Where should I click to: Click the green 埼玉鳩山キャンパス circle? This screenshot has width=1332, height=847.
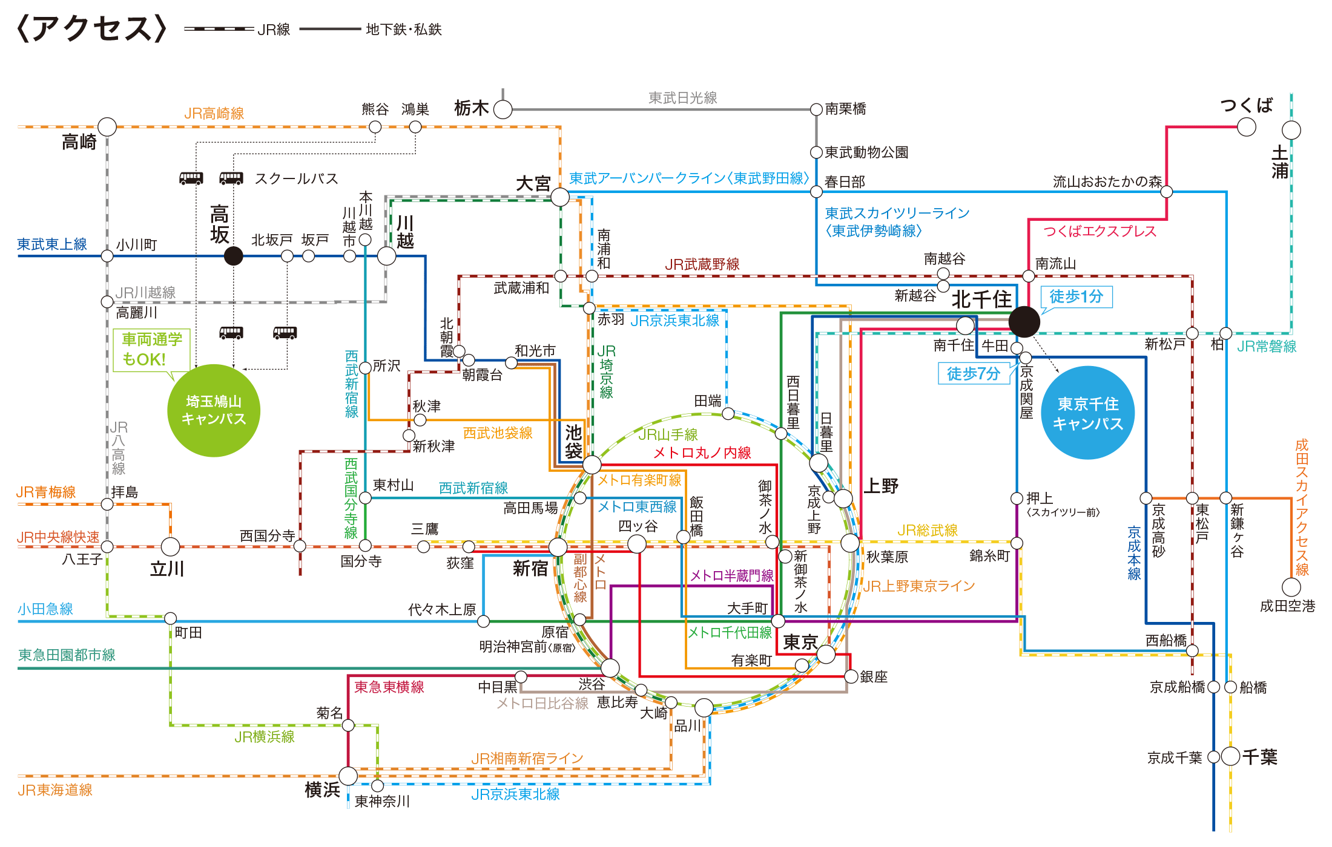pos(214,410)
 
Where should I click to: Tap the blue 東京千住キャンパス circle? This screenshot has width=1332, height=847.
pos(1087,413)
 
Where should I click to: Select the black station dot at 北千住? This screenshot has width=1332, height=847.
pos(1024,321)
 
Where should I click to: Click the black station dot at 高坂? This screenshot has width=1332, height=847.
pos(233,256)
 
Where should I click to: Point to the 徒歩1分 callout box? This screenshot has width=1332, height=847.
pos(1076,296)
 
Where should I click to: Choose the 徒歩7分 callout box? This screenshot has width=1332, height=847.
pos(973,373)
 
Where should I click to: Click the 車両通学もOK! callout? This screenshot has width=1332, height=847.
pos(151,350)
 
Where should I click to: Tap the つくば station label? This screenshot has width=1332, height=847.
pos(1246,106)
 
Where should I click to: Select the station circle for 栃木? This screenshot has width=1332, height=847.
pos(503,110)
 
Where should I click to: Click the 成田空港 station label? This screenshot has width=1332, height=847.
pos(1287,606)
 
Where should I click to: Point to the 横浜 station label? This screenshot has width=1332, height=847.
pos(322,790)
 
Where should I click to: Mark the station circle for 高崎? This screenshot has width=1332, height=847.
pos(107,127)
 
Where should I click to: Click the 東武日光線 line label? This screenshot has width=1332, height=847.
pos(682,98)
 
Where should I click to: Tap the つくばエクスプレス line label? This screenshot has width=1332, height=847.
pos(1100,231)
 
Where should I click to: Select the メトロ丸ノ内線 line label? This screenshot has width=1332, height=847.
pos(702,453)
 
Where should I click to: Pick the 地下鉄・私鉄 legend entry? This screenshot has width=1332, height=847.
pos(371,29)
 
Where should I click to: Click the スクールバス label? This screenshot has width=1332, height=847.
pos(296,178)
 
